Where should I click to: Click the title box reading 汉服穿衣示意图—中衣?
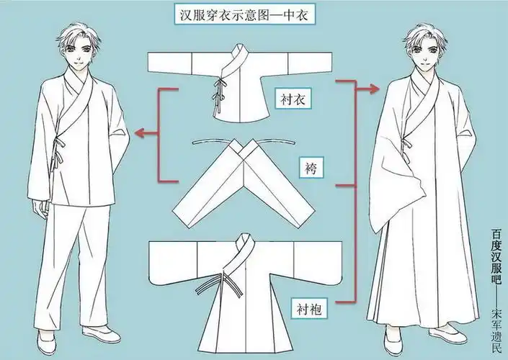point(243,14)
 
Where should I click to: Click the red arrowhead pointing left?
point(141,132)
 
